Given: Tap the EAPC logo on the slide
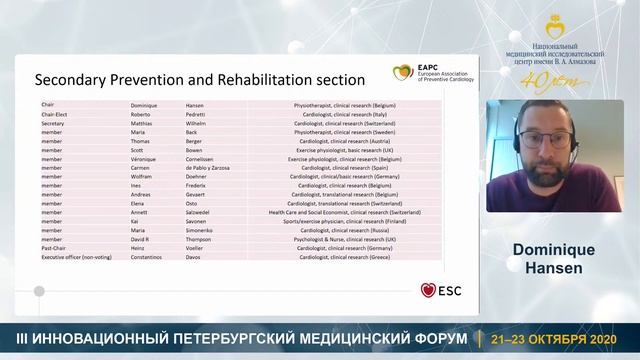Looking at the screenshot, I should coord(402,73).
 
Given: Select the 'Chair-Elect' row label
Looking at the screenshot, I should coord(55,114).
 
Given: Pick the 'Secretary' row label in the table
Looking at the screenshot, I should coord(54,123).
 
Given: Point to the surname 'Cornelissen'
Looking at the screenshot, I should coord(207,158).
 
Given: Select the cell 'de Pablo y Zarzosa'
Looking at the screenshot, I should coord(215,167).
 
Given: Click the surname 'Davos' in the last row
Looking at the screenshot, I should coord(196,257).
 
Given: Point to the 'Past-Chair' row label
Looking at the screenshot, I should coord(53,248).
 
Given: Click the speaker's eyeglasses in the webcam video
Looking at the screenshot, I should coord(545,138).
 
